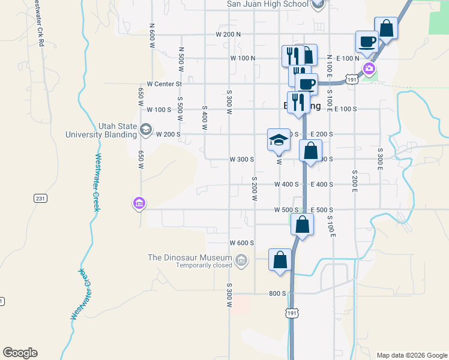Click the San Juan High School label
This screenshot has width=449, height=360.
point(267,4)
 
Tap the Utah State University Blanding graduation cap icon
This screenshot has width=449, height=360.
point(145,129)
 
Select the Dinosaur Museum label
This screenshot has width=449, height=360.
point(190,257)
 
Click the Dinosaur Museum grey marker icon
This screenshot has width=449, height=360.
point(241,260)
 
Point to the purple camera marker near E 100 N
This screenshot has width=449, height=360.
point(369,68)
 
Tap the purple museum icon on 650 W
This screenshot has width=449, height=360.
point(139,204)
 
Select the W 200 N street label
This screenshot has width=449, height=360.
point(228,34)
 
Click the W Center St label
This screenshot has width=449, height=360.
point(164,85)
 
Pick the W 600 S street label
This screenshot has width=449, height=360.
point(242,243)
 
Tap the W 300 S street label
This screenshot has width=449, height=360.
point(242,160)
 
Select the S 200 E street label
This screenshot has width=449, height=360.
point(355,179)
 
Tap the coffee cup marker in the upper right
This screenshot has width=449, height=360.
point(367,42)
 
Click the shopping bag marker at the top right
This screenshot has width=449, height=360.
point(386,28)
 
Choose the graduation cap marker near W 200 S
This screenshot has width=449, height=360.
point(278,140)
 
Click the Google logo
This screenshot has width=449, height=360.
point(20,353)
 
